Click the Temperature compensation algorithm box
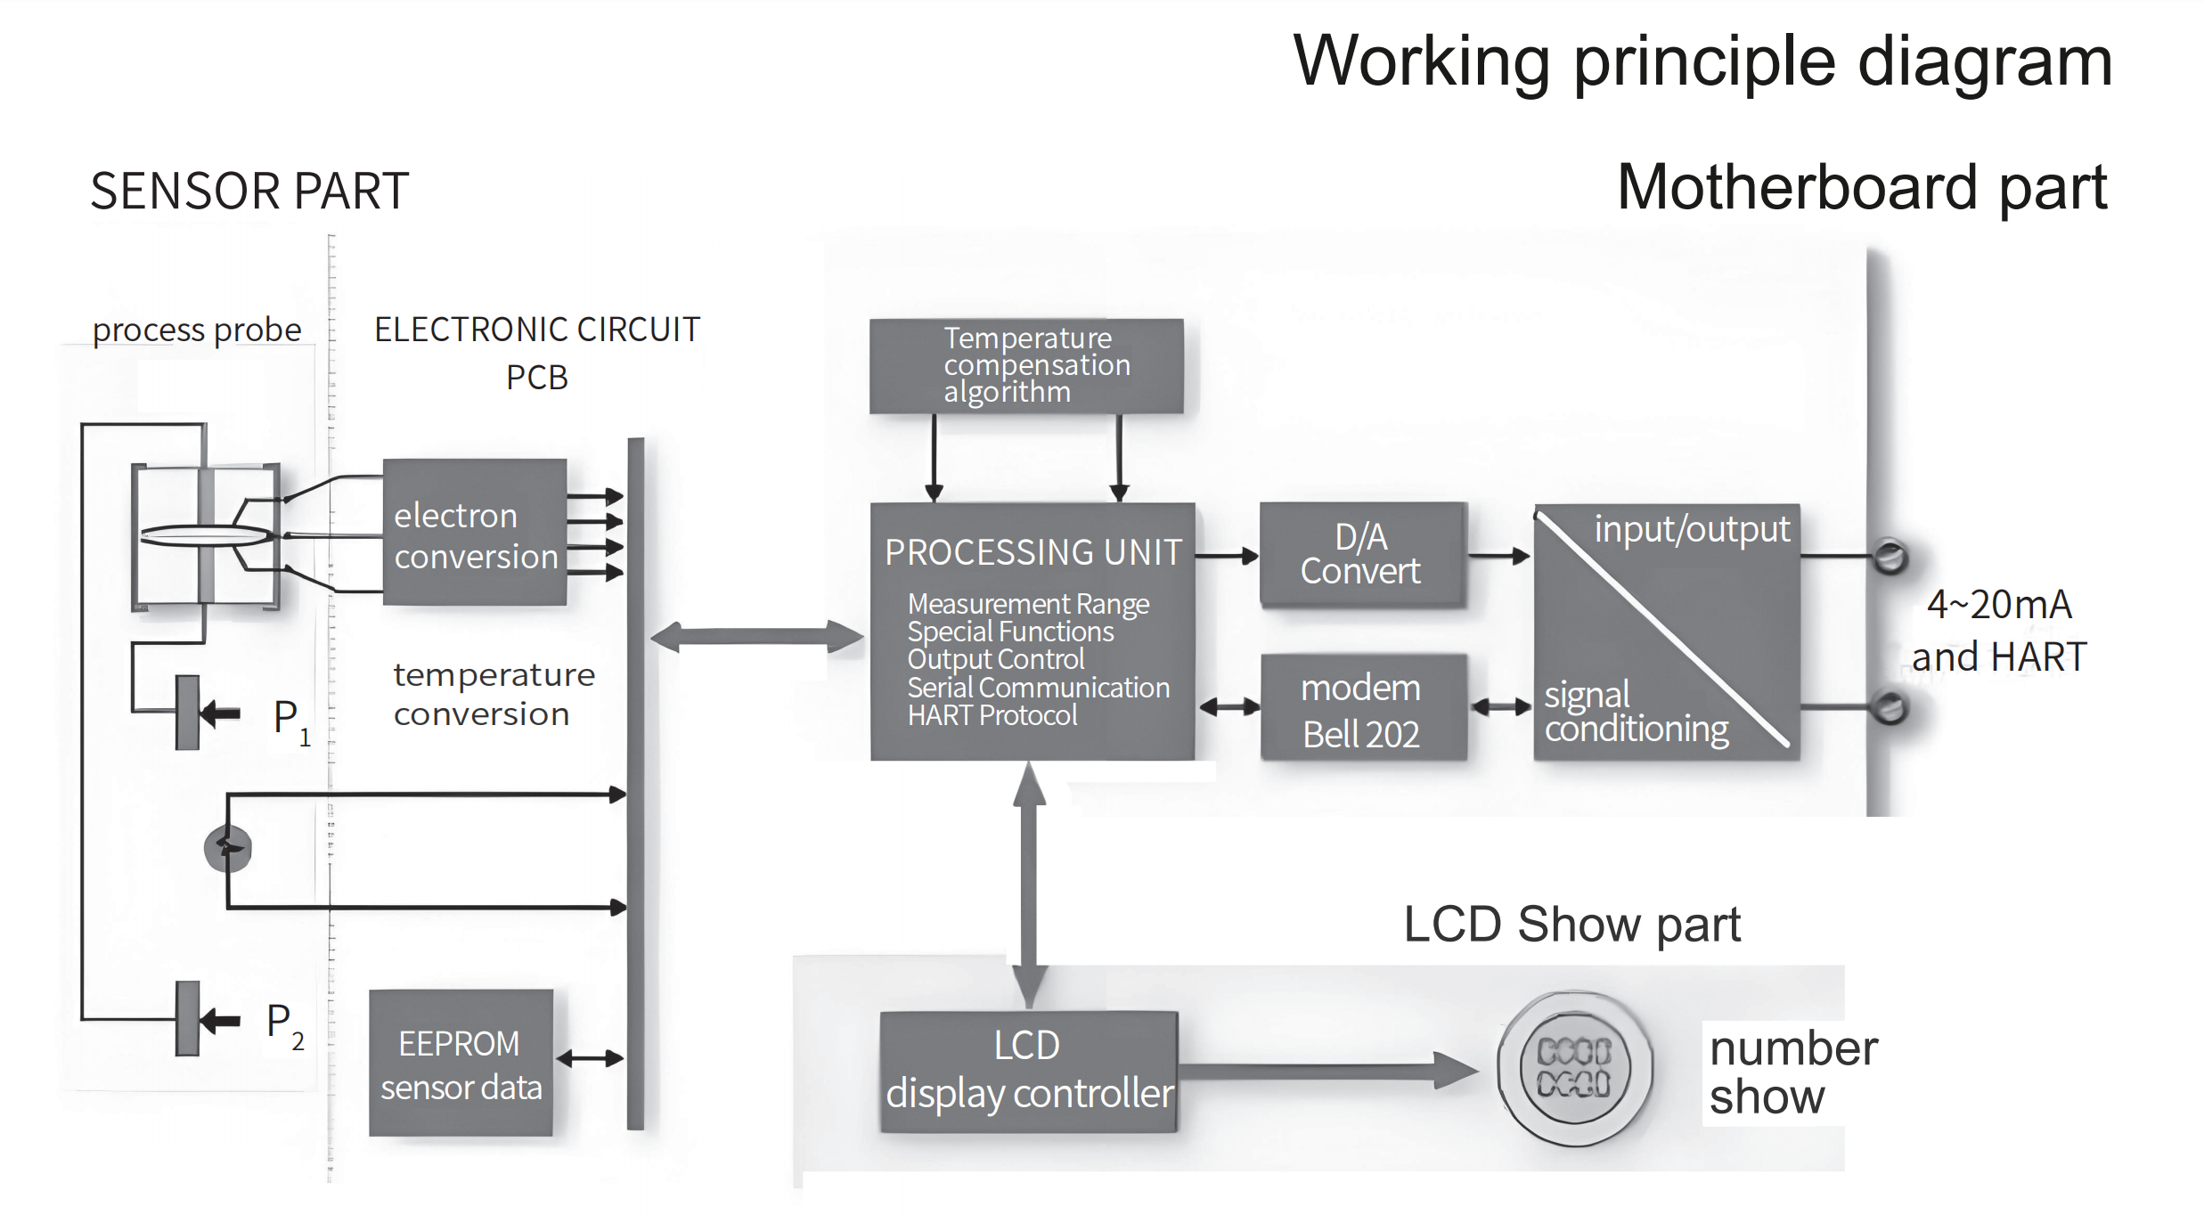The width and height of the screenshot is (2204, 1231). point(1026,366)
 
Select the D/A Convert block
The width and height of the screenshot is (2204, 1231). point(1361,555)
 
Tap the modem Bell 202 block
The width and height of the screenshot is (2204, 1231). point(1362,709)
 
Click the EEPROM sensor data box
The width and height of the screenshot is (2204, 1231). point(461,1063)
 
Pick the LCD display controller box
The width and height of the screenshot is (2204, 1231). point(1028,1071)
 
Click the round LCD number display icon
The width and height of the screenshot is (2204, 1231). point(1574,1067)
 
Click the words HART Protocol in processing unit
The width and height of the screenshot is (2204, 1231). point(992,715)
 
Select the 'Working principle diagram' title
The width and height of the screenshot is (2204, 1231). point(1702,61)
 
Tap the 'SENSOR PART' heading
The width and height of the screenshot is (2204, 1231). point(249,191)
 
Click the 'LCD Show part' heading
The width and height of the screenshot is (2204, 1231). point(1571,924)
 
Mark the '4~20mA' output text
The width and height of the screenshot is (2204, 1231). point(1998,605)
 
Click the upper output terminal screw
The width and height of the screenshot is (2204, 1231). point(1890,557)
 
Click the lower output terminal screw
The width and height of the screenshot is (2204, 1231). point(1890,708)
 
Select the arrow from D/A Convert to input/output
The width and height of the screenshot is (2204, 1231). point(1498,556)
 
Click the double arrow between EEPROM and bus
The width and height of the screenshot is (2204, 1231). point(590,1058)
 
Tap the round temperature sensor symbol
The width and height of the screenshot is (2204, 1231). point(228,848)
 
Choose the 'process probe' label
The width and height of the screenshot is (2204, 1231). point(197,330)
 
